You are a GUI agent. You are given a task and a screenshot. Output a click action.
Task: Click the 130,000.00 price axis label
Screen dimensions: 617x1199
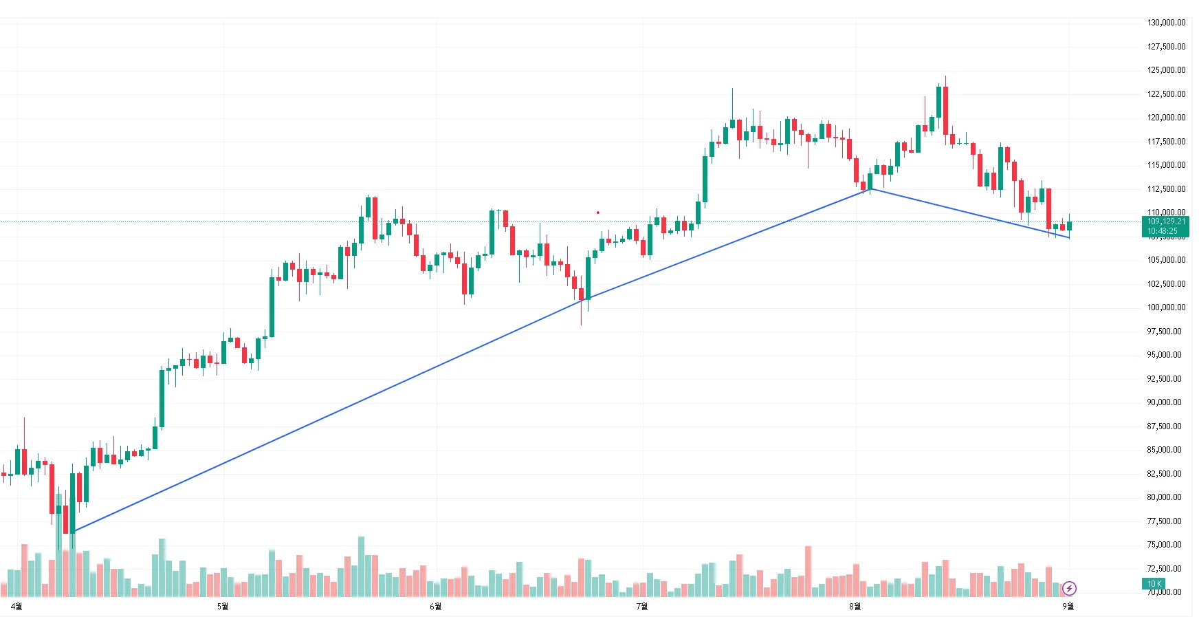point(1166,23)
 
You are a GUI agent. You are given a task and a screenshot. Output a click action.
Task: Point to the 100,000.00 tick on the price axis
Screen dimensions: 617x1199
point(1166,307)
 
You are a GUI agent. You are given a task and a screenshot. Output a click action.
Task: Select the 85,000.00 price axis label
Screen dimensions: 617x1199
point(1166,450)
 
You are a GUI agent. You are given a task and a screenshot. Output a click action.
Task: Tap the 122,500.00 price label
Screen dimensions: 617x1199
point(1166,94)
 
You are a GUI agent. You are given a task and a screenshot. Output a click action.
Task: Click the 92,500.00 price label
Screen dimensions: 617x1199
point(1166,379)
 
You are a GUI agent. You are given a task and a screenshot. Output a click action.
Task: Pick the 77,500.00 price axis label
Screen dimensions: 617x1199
point(1166,521)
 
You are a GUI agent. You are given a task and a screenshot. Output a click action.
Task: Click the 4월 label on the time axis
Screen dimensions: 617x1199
point(17,606)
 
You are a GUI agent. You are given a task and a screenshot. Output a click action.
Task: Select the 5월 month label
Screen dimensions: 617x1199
point(223,606)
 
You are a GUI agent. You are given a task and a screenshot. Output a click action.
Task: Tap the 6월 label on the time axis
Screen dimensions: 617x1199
point(435,606)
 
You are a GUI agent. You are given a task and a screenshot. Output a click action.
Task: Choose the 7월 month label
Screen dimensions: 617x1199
point(641,606)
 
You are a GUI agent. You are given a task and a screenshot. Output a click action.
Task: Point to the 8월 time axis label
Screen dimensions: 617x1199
point(855,606)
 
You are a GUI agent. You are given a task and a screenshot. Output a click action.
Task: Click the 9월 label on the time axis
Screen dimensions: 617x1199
point(1068,606)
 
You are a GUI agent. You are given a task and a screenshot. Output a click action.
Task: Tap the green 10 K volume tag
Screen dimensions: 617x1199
point(1154,584)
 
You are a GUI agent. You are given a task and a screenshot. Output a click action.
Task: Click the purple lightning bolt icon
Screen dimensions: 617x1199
point(1069,588)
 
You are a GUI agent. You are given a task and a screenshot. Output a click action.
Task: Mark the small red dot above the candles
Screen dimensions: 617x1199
point(597,213)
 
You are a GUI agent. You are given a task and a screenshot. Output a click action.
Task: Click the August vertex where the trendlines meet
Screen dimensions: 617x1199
point(870,188)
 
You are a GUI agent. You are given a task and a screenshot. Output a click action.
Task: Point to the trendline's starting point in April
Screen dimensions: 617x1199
point(73,531)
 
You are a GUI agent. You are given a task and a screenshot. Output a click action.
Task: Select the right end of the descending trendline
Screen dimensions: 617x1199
point(1069,237)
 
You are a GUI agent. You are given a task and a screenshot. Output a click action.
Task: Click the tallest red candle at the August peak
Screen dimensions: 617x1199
point(945,110)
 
